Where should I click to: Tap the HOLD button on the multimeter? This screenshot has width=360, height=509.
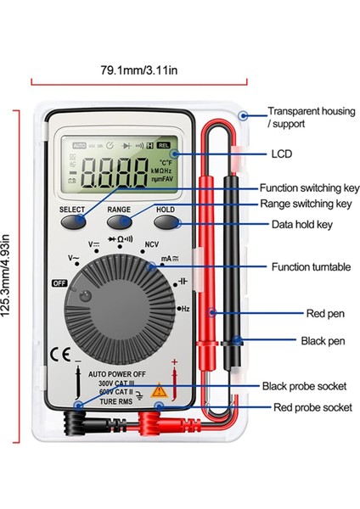coord(166,221)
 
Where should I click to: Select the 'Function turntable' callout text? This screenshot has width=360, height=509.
coord(304,266)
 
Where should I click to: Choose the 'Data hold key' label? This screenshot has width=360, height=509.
coord(301,225)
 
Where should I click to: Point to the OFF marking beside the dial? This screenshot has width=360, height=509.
coord(60,284)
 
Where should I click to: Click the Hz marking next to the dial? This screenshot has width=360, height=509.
coord(185,310)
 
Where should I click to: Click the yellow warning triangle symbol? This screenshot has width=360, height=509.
coord(157,391)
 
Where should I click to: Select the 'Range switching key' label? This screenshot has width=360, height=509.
coord(304,204)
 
